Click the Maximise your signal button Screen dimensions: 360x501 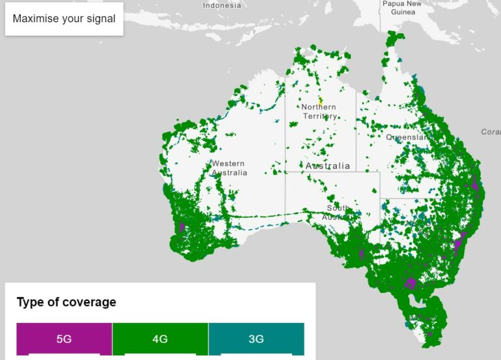(64, 19)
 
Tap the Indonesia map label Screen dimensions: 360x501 (222, 5)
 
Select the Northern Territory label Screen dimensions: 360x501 (319, 111)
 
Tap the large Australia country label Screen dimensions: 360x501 (328, 166)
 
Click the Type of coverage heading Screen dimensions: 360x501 (66, 302)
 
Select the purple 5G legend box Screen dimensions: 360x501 (64, 339)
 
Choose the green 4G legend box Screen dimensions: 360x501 (160, 339)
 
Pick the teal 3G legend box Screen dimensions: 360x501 (256, 339)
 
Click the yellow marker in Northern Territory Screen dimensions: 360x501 (321, 101)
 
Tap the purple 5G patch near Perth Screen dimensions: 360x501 (181, 228)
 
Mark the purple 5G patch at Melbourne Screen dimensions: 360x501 (411, 283)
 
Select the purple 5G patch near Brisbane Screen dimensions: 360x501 (476, 184)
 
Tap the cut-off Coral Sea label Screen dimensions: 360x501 (491, 132)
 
